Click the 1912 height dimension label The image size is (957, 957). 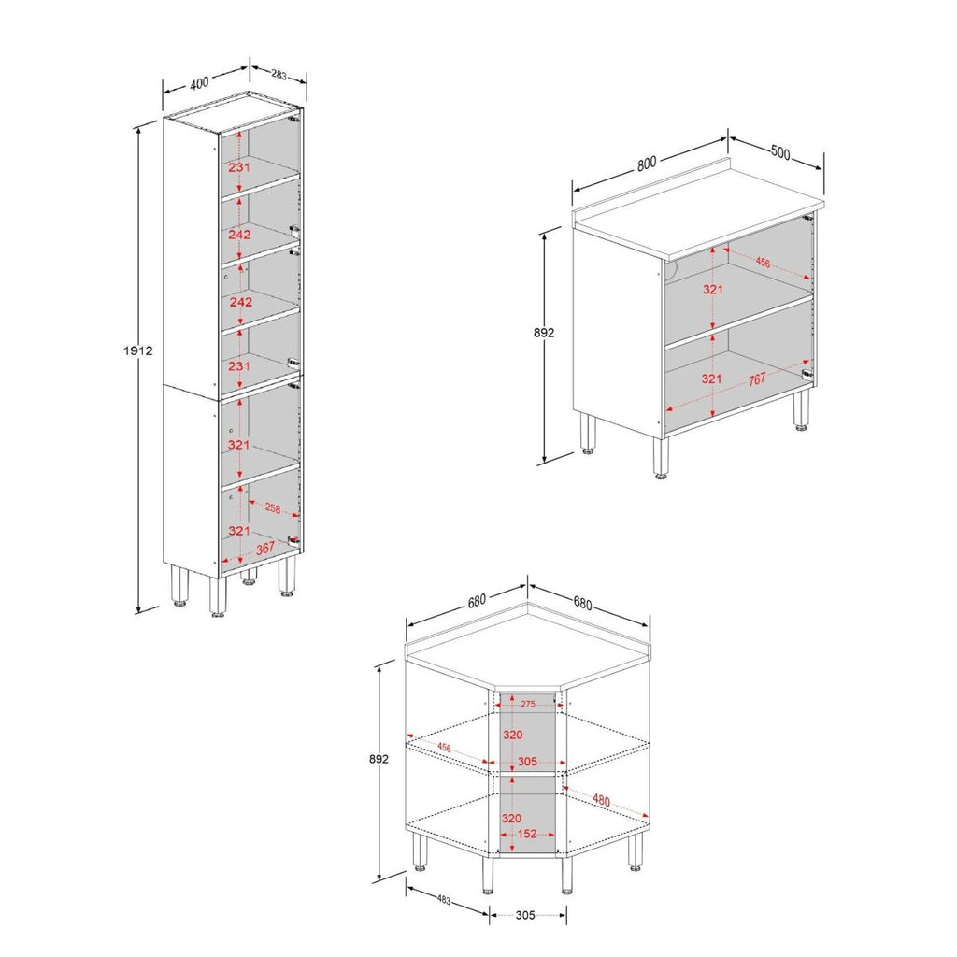[138, 351]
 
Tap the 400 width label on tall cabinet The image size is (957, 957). [199, 82]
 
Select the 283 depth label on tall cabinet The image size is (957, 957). [279, 75]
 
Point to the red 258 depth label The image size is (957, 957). [272, 507]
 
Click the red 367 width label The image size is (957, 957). [264, 549]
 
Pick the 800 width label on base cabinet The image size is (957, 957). [647, 163]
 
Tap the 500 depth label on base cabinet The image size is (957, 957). [780, 152]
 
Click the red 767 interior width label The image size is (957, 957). [756, 379]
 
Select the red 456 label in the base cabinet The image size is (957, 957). [763, 263]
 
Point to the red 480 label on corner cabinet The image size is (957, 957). [601, 799]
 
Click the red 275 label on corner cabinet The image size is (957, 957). [528, 704]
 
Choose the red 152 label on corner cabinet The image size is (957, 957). [527, 833]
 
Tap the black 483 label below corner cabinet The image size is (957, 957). [444, 900]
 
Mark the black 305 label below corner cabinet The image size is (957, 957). [525, 914]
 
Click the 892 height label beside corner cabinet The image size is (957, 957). [379, 759]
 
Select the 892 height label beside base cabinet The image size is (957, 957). [544, 333]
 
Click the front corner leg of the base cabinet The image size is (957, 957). [661, 458]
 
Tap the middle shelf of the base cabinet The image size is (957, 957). [739, 321]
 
